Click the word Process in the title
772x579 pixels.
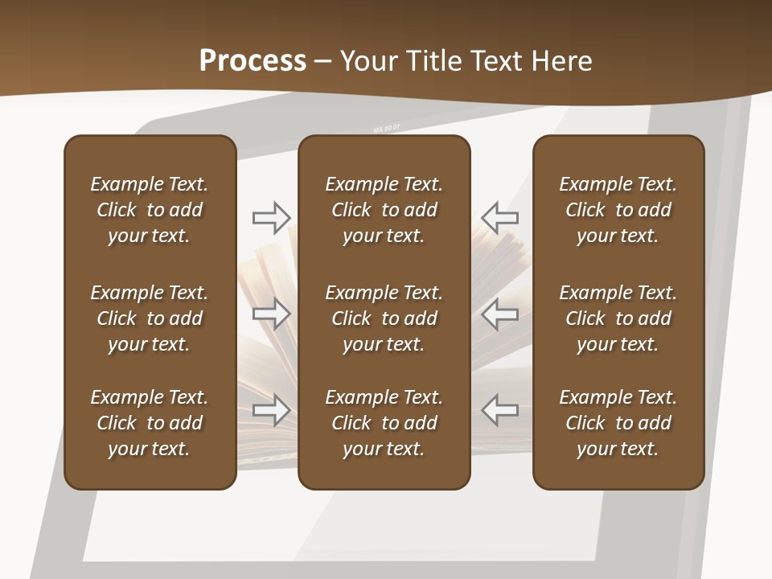[253, 61]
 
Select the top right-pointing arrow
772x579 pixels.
[271, 216]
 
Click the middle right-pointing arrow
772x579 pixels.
[271, 313]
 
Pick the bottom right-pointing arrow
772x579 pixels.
[271, 410]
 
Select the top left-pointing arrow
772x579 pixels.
[499, 216]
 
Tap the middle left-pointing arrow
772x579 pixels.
[499, 313]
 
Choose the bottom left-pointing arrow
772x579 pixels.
[499, 410]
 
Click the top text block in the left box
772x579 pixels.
[150, 210]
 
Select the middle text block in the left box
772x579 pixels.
[150, 318]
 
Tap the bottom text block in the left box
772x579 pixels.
[150, 423]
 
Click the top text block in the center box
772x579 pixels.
[384, 210]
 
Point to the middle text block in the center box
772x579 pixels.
[384, 318]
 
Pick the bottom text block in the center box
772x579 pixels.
[384, 423]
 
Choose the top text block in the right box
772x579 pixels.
[618, 210]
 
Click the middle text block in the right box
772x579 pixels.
[618, 318]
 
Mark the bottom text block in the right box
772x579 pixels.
[618, 423]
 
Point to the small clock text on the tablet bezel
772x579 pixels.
[386, 128]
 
